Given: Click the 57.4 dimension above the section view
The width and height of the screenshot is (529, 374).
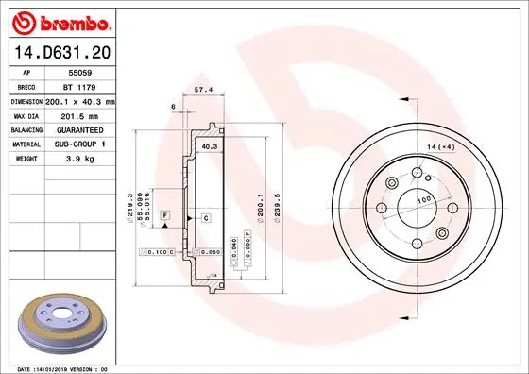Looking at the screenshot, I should click(x=202, y=89).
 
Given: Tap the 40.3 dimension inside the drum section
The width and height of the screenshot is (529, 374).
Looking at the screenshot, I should click(x=210, y=147).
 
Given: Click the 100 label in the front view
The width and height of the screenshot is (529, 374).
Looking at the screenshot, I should click(x=424, y=200).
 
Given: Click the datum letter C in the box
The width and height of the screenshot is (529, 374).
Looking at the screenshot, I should click(x=205, y=218).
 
